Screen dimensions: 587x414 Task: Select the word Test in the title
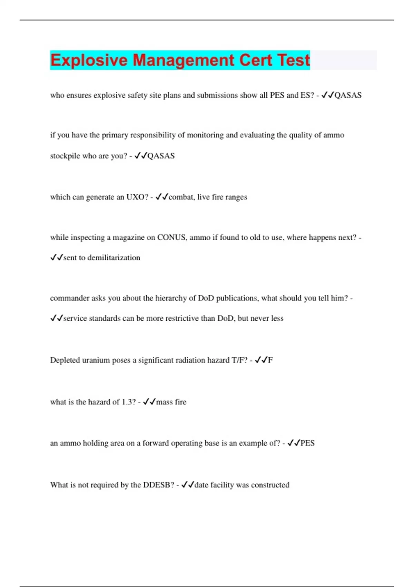[x=294, y=60]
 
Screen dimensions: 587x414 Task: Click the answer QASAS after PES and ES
[x=348, y=95]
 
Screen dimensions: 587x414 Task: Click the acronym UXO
[x=137, y=197]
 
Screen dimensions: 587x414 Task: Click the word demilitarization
[x=114, y=258]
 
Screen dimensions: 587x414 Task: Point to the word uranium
[x=96, y=360]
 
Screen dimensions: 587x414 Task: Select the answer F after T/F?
[x=270, y=360]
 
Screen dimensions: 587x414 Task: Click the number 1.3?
[x=129, y=402]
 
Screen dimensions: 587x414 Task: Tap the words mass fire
[x=171, y=402]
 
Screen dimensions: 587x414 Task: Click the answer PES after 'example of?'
[x=307, y=443]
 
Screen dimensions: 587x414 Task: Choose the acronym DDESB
[x=159, y=485]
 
